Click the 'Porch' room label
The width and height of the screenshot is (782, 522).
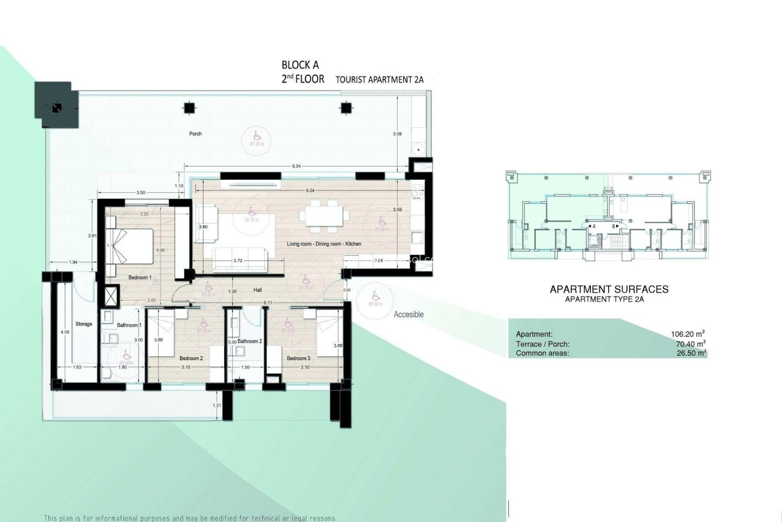coord(195,134)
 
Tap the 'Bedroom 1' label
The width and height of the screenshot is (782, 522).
coord(140,278)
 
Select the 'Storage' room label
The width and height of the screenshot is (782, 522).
coord(83,324)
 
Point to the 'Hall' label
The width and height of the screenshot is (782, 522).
coord(257,290)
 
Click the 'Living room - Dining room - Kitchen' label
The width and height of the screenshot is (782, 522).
coord(324,244)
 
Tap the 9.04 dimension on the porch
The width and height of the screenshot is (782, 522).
coord(297,166)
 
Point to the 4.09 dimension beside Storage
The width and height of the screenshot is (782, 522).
coord(65,332)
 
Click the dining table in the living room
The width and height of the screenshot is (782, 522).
coord(324,215)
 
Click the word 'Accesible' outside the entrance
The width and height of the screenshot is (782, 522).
coord(409,314)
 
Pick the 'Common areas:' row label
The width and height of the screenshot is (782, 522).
coord(542,353)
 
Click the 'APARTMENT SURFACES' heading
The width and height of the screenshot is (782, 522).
coord(609,290)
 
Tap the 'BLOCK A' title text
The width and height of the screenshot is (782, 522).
coord(300,65)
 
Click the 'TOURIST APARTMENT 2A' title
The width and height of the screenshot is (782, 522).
coord(379,80)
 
